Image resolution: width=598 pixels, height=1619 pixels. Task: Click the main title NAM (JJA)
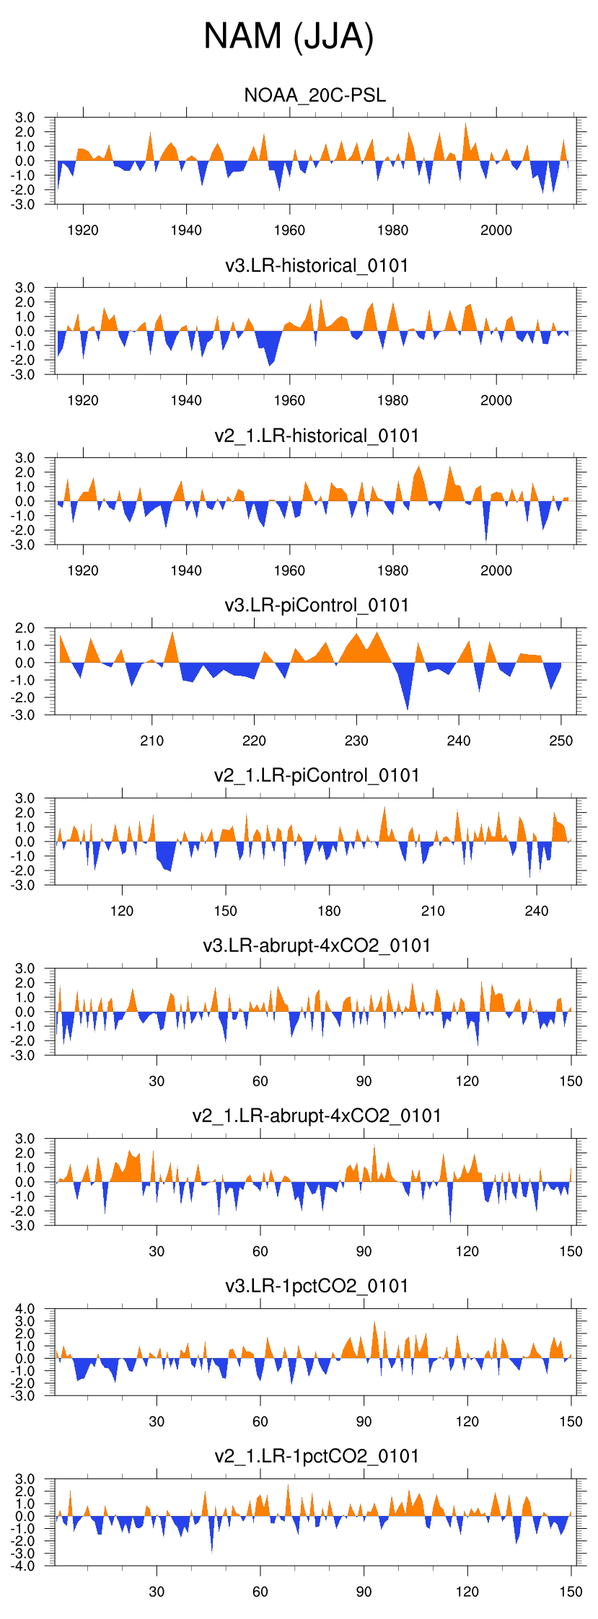(289, 36)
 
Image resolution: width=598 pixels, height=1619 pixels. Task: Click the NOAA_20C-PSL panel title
(315, 95)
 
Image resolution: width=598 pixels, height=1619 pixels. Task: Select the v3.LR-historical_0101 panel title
(317, 265)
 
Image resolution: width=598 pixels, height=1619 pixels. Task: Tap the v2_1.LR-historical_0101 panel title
(317, 436)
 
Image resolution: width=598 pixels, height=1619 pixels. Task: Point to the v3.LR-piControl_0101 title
(317, 605)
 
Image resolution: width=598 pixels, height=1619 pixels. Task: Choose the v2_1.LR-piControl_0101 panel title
(317, 775)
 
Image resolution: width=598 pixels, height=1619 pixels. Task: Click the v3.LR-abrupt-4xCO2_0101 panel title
(317, 945)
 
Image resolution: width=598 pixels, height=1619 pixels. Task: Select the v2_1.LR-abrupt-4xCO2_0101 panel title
(317, 1116)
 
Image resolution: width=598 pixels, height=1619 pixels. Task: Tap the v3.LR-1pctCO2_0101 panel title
(317, 1286)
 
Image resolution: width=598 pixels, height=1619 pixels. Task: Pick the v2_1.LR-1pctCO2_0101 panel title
(317, 1456)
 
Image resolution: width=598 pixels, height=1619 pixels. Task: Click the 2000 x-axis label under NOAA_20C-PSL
(496, 230)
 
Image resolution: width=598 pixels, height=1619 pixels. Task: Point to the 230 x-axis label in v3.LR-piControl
(356, 741)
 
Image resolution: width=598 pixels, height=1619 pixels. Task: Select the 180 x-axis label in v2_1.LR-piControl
(329, 911)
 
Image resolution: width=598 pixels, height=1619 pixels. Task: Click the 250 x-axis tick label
(561, 741)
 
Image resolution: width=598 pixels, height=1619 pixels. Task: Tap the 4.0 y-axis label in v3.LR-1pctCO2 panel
(25, 1309)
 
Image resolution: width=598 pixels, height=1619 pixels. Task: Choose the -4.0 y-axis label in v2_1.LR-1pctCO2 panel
(23, 1566)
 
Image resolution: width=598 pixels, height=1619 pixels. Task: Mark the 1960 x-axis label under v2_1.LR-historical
(289, 570)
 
